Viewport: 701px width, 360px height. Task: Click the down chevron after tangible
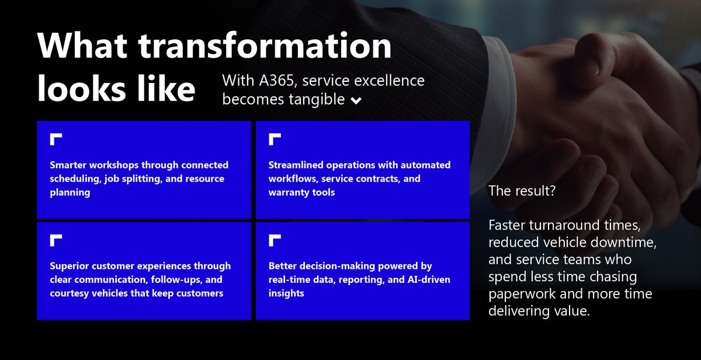pyautogui.click(x=356, y=101)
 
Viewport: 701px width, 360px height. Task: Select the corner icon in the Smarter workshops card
pyautogui.click(x=56, y=139)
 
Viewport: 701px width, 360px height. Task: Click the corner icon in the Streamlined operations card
pyautogui.click(x=275, y=139)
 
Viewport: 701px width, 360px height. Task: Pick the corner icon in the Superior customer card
pyautogui.click(x=56, y=240)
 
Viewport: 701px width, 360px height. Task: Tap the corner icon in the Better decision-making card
pyautogui.click(x=275, y=240)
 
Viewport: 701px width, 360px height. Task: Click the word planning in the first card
pyautogui.click(x=70, y=192)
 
